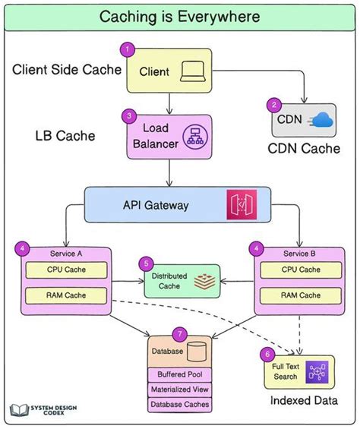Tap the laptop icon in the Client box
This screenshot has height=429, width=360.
coord(190,71)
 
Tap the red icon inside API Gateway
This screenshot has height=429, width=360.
coord(242,205)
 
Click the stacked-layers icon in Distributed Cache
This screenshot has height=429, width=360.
coord(203,282)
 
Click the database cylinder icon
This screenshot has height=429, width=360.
coord(197,352)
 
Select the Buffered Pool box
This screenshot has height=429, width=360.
coord(179,375)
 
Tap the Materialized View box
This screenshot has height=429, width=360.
coord(179,390)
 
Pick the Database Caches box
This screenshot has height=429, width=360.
coord(179,405)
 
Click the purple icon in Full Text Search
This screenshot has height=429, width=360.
coord(315,372)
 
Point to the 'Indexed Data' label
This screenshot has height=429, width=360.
coord(304,401)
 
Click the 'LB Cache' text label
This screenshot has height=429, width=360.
coord(65,136)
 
